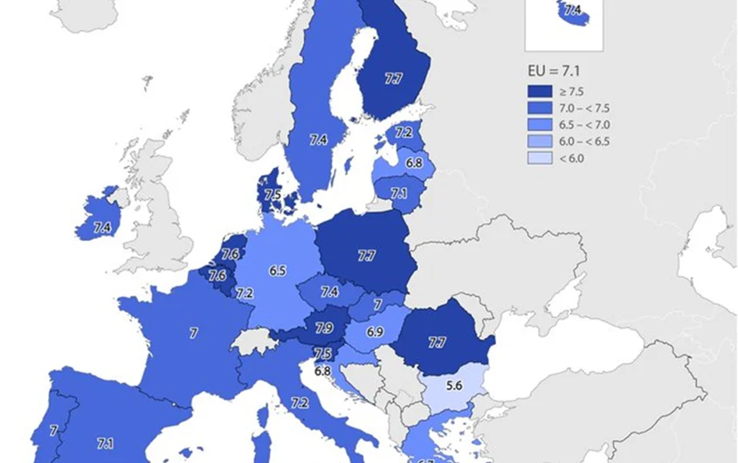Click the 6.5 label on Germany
click(278, 271)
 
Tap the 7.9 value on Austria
click(323, 328)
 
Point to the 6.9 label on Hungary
click(376, 333)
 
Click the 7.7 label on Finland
click(393, 79)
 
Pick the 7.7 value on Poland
click(366, 256)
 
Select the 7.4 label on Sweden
click(318, 139)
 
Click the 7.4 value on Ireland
click(102, 228)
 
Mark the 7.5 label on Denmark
click(273, 195)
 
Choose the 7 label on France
click(193, 333)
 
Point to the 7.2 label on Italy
click(300, 403)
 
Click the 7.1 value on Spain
click(105, 444)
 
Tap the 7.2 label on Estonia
click(403, 133)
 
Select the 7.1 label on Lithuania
click(399, 193)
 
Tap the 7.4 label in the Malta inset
click(573, 11)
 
